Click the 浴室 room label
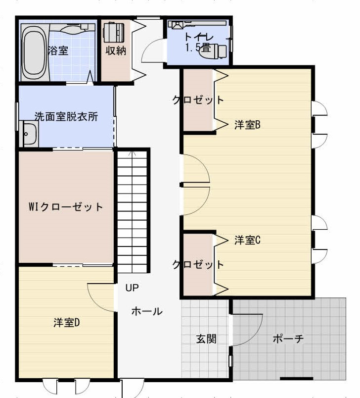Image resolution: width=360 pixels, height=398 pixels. pyautogui.click(x=58, y=50)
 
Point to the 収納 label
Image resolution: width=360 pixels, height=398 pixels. pyautogui.click(x=116, y=50)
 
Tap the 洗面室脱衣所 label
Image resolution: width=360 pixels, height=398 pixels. pyautogui.click(x=66, y=117)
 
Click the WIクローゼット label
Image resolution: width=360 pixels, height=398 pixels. pyautogui.click(x=66, y=207)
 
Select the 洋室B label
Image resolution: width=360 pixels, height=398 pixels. pyautogui.click(x=247, y=125)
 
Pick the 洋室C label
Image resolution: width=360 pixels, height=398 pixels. pyautogui.click(x=247, y=241)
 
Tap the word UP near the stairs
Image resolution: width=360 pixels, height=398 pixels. pyautogui.click(x=132, y=288)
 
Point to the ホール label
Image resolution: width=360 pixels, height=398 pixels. pyautogui.click(x=146, y=311)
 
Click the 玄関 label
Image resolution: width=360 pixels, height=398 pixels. pyautogui.click(x=206, y=339)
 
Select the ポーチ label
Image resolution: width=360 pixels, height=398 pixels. pyautogui.click(x=288, y=339)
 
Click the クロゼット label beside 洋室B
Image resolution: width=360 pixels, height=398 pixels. pyautogui.click(x=198, y=100)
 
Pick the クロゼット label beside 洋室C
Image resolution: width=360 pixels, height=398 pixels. pyautogui.click(x=198, y=264)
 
